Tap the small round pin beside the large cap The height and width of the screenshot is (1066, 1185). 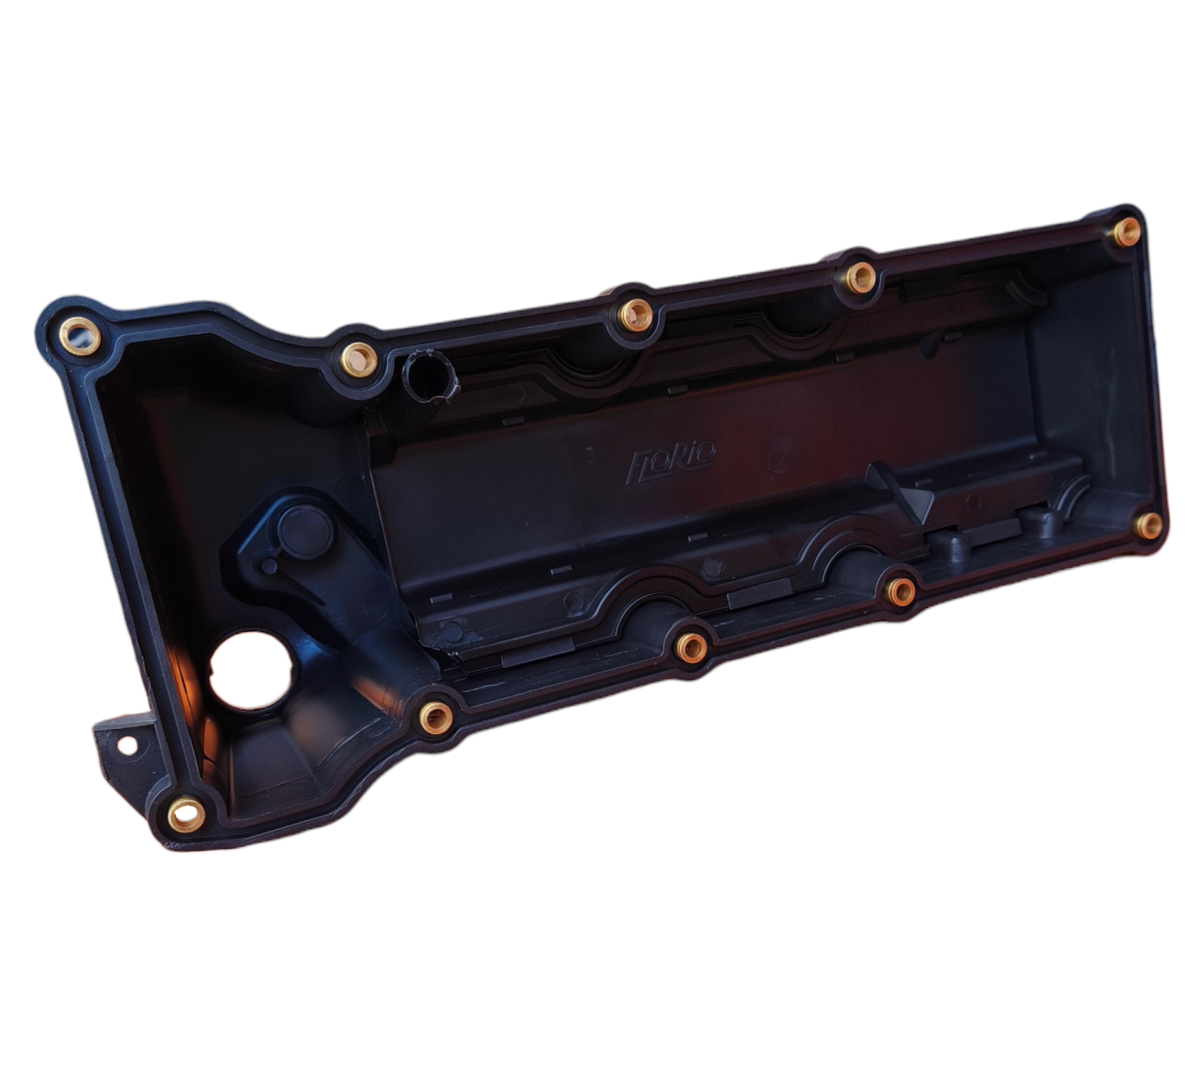(269, 565)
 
